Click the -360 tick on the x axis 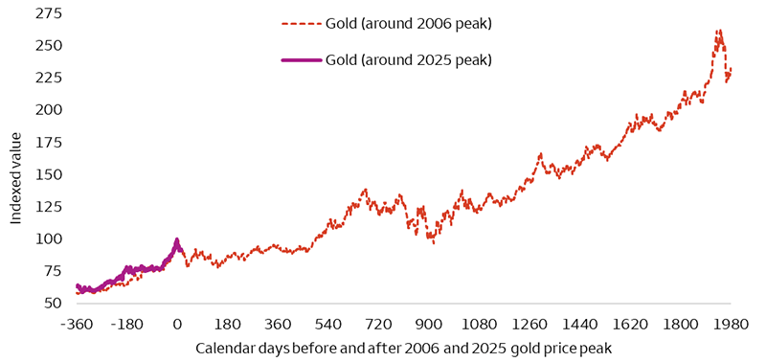pos(76,324)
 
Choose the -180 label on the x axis pos(126,324)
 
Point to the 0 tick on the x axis pos(177,324)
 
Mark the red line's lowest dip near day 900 pos(434,243)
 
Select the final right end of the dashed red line pos(732,70)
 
